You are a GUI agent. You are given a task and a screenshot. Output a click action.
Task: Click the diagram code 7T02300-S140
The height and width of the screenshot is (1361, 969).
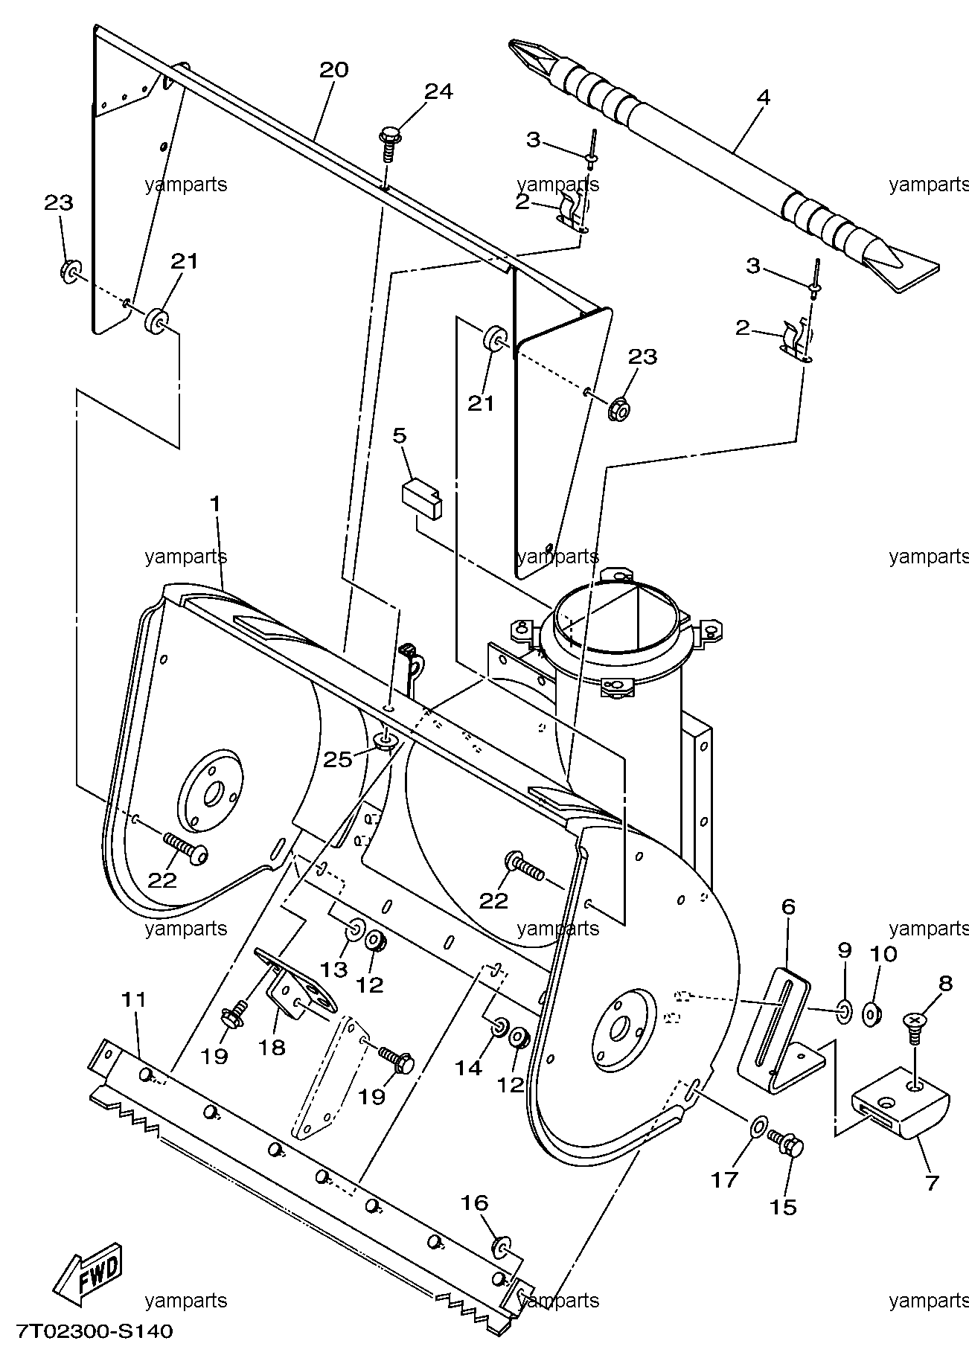point(94,1330)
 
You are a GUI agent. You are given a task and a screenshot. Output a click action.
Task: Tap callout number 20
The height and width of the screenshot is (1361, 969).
point(333,70)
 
